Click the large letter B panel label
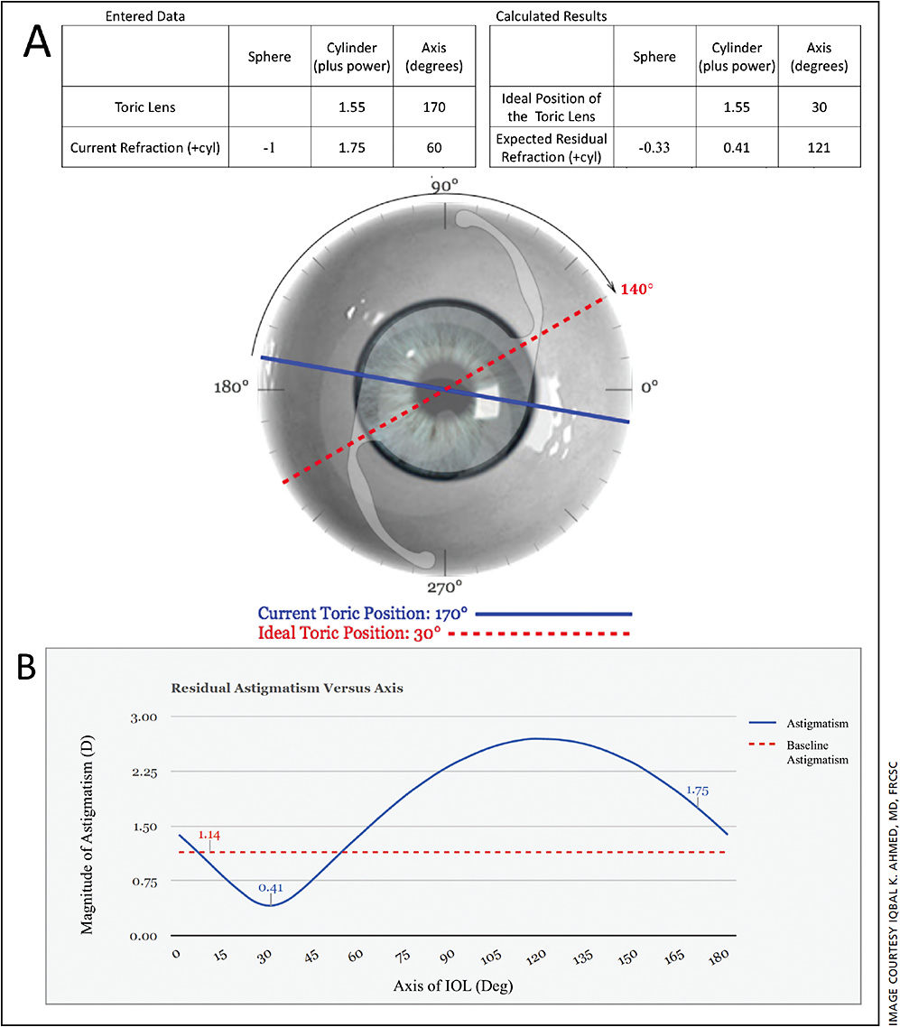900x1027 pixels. (x=36, y=669)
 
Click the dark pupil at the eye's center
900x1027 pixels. (x=443, y=391)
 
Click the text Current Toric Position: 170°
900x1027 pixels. (x=362, y=613)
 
